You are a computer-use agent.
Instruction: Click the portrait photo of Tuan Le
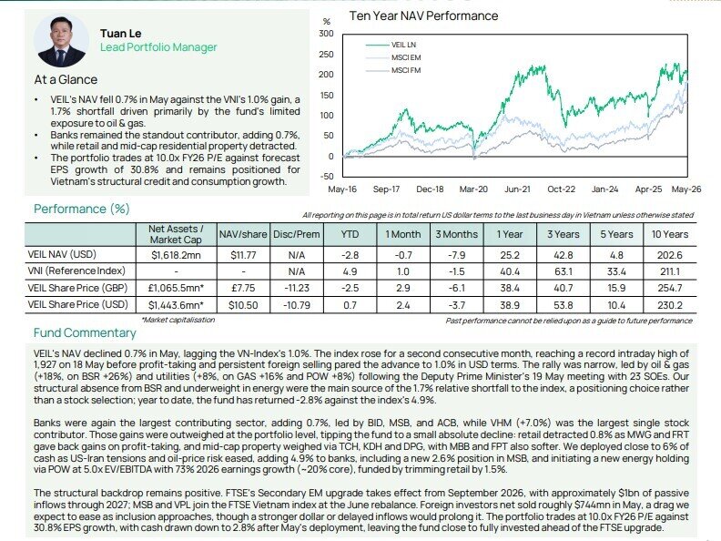(x=62, y=41)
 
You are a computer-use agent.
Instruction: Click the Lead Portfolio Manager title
(x=158, y=47)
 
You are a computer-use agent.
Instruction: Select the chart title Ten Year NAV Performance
(x=423, y=16)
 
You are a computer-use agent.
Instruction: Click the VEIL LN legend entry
(x=391, y=45)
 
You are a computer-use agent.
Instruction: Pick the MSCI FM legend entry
(x=393, y=70)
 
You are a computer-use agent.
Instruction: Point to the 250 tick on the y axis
(x=326, y=55)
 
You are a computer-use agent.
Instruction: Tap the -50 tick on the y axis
(x=326, y=177)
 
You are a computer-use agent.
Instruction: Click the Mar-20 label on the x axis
(x=473, y=189)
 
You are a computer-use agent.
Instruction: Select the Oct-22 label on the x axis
(x=561, y=189)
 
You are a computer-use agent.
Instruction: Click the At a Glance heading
(x=66, y=79)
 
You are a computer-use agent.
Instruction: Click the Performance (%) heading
(x=82, y=209)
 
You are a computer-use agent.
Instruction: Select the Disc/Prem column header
(x=297, y=234)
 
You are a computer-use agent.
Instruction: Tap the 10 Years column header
(x=669, y=234)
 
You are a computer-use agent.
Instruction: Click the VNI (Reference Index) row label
(x=76, y=271)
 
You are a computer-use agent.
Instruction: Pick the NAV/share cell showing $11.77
(x=243, y=255)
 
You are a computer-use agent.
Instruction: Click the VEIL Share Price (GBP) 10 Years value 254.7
(x=669, y=288)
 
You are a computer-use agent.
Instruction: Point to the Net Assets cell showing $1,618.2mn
(x=176, y=255)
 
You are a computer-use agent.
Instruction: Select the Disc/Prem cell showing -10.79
(x=297, y=304)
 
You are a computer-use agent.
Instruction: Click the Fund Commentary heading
(x=85, y=332)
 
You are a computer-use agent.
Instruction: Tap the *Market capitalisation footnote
(x=178, y=320)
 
